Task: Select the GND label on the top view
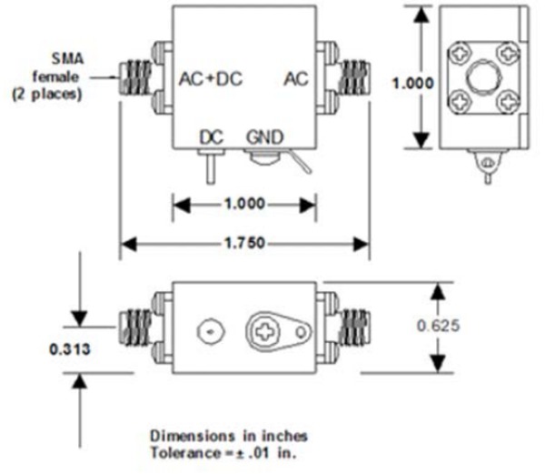click(264, 137)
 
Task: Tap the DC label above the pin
click(212, 137)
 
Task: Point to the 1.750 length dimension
click(245, 244)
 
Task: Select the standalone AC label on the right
click(296, 80)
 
